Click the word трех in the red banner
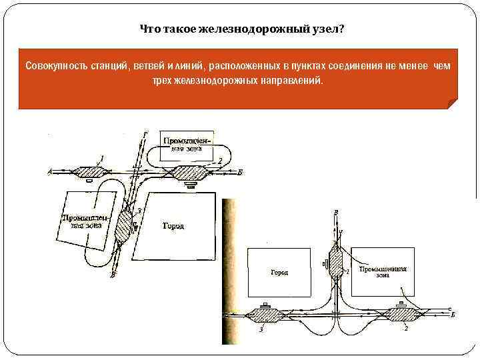click(166, 80)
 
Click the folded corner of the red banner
click(452, 103)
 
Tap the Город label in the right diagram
click(279, 273)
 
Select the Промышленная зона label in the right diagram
click(383, 271)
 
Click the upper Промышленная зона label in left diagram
click(187, 145)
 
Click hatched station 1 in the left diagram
click(89, 171)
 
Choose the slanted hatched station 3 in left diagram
click(125, 225)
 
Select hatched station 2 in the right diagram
click(401, 313)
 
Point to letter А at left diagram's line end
click(49, 172)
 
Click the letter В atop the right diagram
click(335, 212)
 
